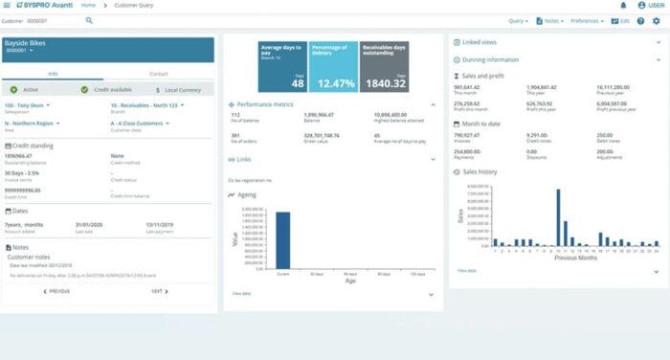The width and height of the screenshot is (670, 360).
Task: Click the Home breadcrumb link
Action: point(88,6)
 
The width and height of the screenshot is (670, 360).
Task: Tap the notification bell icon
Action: point(624,6)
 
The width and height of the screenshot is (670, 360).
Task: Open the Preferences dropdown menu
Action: point(588,19)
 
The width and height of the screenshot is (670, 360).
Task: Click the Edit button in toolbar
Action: point(621,19)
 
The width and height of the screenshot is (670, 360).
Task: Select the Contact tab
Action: point(159,73)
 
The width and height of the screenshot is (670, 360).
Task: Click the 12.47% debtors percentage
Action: point(332,83)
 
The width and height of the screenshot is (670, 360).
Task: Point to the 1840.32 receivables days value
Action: point(384,83)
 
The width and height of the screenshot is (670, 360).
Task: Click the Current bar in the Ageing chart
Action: point(282,239)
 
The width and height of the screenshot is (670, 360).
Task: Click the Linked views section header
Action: point(479,43)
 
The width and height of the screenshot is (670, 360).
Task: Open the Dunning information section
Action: point(490,59)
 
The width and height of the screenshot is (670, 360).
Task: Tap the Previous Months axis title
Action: point(576,258)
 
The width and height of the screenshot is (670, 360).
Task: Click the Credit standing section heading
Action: point(32,145)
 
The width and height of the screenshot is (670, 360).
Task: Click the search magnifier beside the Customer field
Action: point(89,19)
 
